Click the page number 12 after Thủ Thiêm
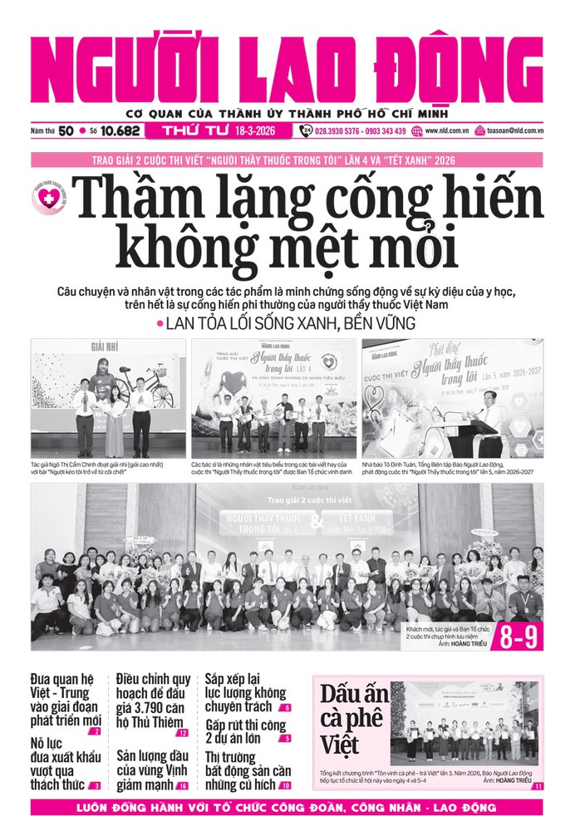tap(182, 733)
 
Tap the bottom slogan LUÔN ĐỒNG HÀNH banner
tap(289, 806)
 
